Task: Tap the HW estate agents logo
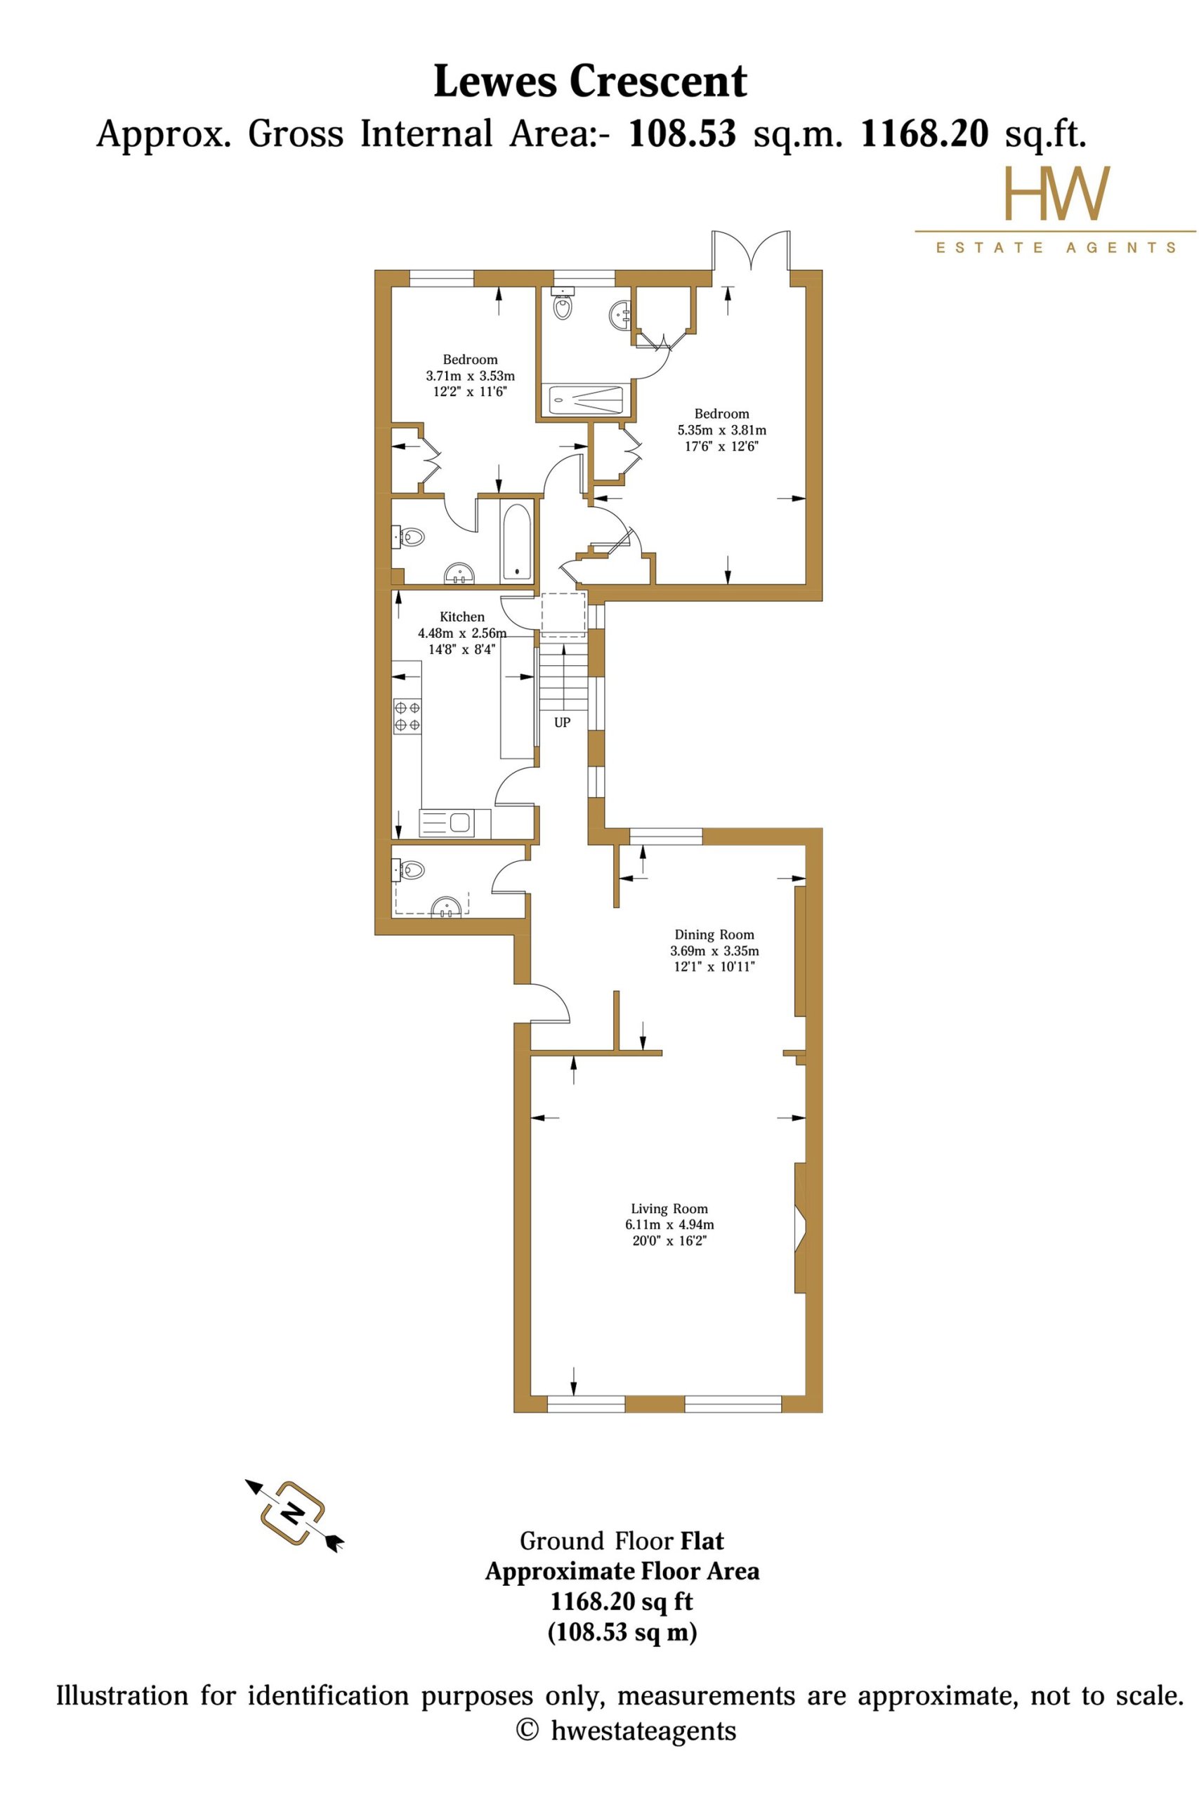coord(1055,209)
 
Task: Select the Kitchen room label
coord(462,617)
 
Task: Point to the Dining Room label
coord(714,934)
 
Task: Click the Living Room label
coord(669,1209)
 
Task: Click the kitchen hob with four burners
coord(407,716)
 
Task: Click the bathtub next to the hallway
coord(517,542)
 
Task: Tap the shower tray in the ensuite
coord(587,399)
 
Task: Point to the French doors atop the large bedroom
coord(751,251)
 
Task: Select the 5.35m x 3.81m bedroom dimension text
coord(722,431)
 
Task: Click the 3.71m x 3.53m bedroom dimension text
coord(471,376)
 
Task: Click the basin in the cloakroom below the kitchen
coord(447,907)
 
